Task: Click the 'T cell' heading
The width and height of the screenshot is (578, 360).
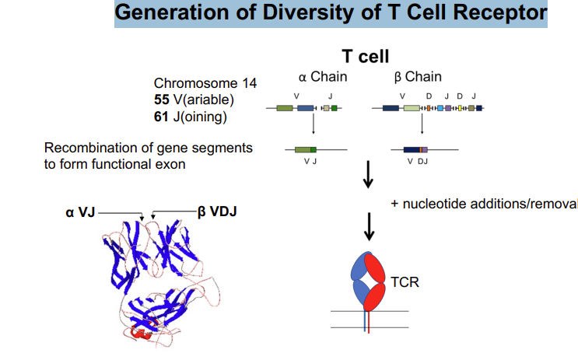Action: [x=365, y=56]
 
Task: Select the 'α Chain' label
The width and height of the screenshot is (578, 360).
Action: [x=323, y=76]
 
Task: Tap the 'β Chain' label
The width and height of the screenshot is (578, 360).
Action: [x=418, y=76]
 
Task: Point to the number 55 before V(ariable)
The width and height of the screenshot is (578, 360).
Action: [x=162, y=100]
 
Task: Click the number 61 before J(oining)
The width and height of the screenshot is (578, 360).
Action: [x=162, y=117]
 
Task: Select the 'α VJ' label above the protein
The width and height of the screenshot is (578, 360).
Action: [x=80, y=211]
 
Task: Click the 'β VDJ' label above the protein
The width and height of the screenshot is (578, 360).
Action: [x=215, y=211]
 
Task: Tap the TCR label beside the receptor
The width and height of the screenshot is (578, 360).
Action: [x=404, y=281]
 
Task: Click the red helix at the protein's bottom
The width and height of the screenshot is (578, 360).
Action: [x=141, y=333]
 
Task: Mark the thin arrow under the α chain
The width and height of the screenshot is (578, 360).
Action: [x=312, y=127]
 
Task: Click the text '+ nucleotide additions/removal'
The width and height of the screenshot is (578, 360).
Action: [x=484, y=204]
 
